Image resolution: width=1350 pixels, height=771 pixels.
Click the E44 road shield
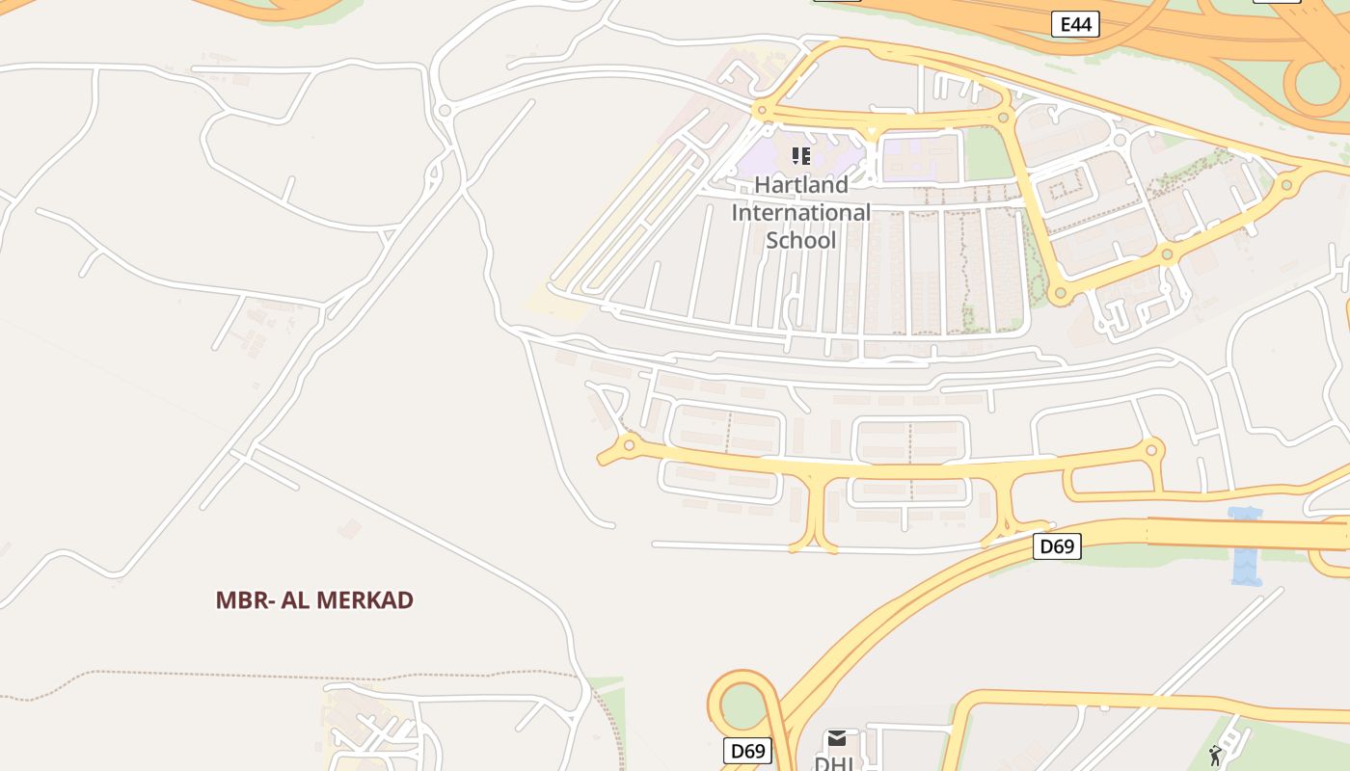1075,24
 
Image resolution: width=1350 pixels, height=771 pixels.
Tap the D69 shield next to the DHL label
747,751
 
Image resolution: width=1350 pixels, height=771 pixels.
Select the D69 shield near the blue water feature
1057,546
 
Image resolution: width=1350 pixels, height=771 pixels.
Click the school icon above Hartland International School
801,156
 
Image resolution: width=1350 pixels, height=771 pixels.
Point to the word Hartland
801,184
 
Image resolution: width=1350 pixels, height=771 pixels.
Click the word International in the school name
801,212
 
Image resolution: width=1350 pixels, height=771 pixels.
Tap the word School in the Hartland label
801,239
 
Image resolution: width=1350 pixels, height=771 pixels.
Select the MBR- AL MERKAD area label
314,599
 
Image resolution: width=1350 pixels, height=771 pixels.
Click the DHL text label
834,762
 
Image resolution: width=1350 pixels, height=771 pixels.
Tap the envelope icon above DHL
837,738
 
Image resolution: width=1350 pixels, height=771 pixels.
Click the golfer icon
1215,756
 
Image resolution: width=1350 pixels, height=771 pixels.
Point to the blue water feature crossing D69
1246,546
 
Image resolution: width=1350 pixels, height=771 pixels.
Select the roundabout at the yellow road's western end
629,444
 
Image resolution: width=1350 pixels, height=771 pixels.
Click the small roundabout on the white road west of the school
445,111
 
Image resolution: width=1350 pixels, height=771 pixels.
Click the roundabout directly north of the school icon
762,111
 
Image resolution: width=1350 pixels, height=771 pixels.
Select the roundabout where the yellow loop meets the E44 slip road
1286,185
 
